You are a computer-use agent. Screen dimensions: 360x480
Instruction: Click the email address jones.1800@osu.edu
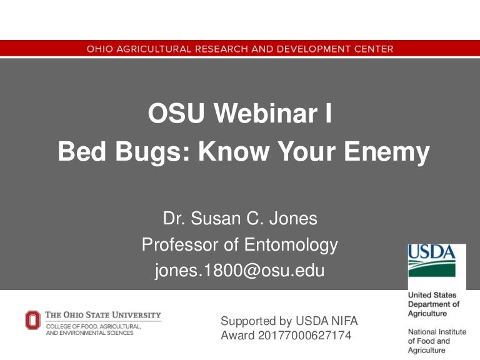tap(240, 271)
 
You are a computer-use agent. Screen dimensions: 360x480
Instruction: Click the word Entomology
tap(292, 245)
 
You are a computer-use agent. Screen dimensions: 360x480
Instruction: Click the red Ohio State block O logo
tap(32, 321)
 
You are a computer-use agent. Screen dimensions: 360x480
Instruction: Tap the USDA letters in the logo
tap(432, 252)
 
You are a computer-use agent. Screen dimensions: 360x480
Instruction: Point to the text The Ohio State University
tap(103, 315)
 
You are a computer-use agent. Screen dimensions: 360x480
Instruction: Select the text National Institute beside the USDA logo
tap(437, 331)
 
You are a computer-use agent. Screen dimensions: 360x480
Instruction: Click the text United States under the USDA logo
tap(432, 295)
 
